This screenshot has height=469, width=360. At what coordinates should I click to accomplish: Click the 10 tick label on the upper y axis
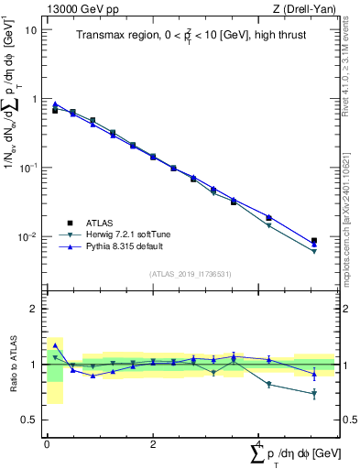(x=30, y=29)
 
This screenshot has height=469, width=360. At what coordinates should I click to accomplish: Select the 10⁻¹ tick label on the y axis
(x=27, y=169)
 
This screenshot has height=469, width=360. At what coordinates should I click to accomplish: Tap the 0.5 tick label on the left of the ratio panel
(x=29, y=420)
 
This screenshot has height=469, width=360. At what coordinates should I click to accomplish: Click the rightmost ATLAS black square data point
(x=314, y=241)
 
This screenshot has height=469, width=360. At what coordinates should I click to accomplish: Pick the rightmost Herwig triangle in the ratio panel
(x=314, y=394)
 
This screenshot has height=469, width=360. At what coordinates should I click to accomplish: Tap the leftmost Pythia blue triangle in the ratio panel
(x=55, y=346)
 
